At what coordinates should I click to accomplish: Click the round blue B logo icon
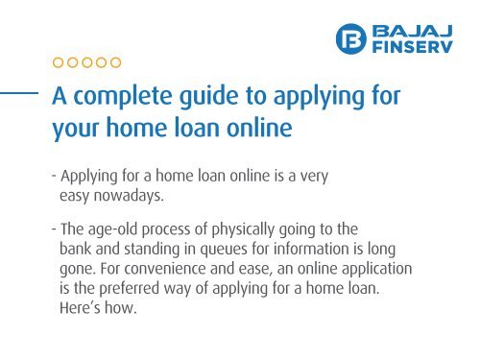pyautogui.click(x=352, y=39)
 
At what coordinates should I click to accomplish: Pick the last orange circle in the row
pyautogui.click(x=115, y=63)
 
